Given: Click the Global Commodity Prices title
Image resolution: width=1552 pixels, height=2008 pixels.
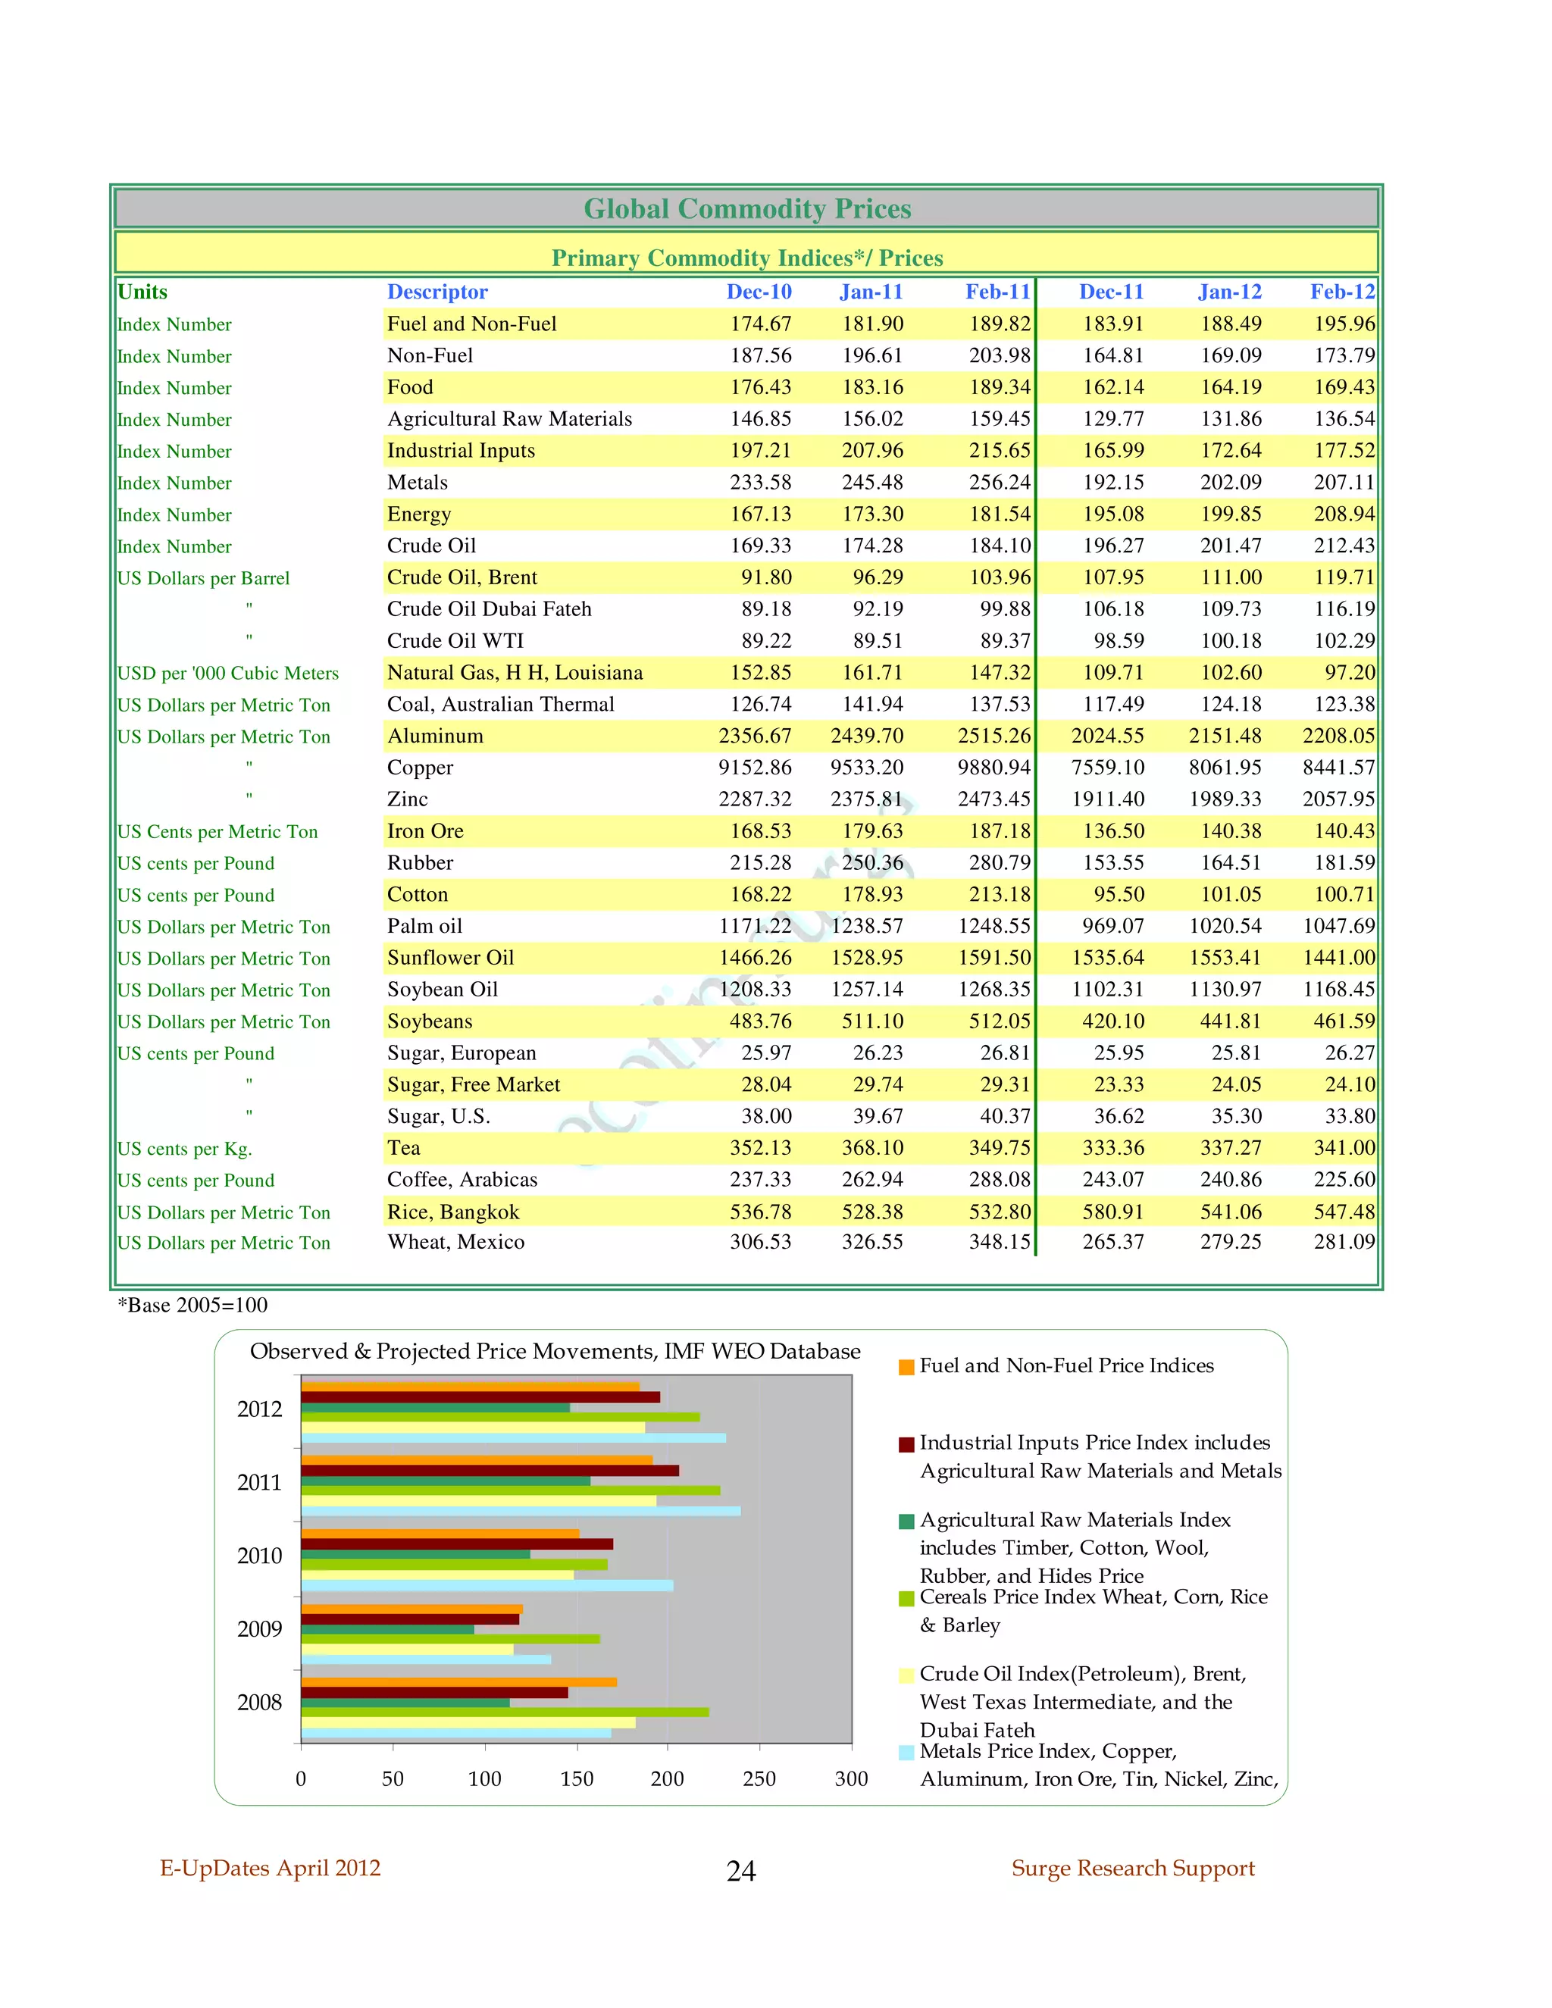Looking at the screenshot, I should click(746, 208).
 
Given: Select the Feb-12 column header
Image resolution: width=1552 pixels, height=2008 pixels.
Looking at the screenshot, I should click(1341, 292).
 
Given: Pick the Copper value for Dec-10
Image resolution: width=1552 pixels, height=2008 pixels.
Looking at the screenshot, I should click(754, 767).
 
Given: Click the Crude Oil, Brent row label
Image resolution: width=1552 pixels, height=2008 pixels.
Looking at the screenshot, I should click(462, 577).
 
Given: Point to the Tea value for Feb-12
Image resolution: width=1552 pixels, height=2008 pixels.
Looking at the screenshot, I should click(1344, 1147).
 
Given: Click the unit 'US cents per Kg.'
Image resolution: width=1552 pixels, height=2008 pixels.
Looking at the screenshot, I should click(184, 1148).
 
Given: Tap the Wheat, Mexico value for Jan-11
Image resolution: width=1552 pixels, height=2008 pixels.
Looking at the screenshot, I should click(871, 1241).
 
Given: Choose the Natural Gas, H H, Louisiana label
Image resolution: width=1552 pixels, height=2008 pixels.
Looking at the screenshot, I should click(514, 672).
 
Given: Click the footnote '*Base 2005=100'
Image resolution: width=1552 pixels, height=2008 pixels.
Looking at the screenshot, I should click(192, 1305).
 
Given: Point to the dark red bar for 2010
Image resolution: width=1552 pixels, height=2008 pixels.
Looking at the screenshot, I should click(456, 1544).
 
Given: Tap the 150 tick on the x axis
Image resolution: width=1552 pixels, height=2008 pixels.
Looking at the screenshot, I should click(577, 1778).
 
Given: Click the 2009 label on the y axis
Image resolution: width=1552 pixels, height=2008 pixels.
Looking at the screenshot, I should click(259, 1629).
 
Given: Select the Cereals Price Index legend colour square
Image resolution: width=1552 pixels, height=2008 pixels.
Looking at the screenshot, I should click(906, 1599).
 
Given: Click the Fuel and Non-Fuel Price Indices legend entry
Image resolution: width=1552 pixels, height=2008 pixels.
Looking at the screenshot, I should click(1065, 1365).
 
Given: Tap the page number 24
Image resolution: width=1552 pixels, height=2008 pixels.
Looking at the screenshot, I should click(741, 1870).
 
